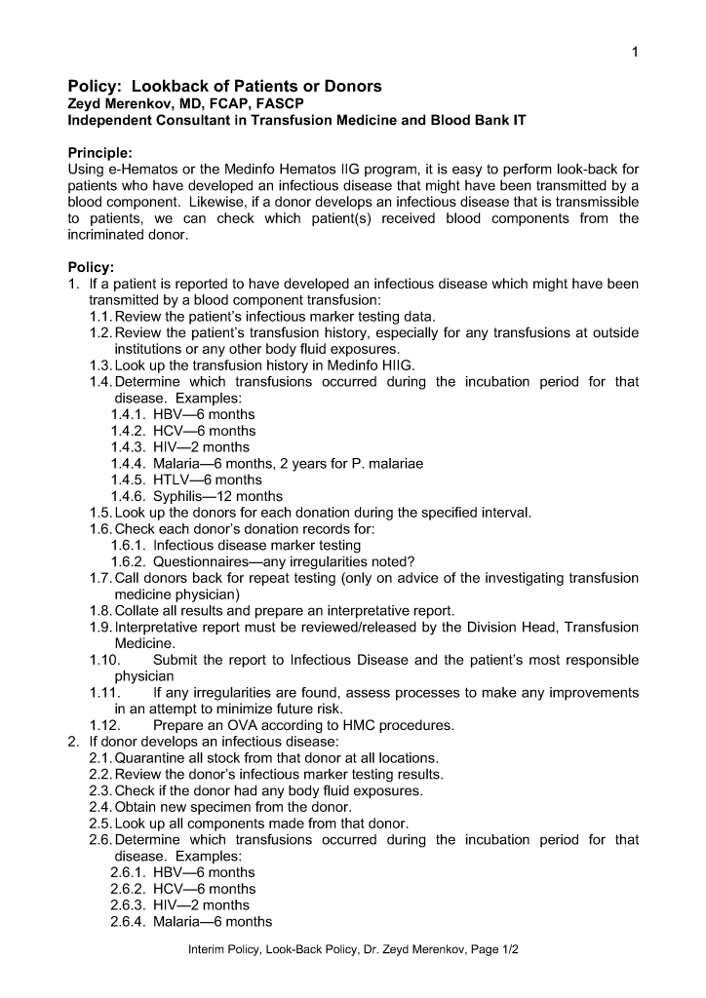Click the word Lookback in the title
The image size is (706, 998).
[169, 87]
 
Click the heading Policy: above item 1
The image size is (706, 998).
[91, 267]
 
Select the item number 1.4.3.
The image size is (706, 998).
[128, 447]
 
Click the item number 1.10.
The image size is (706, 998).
[104, 660]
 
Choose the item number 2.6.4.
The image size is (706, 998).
[128, 921]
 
